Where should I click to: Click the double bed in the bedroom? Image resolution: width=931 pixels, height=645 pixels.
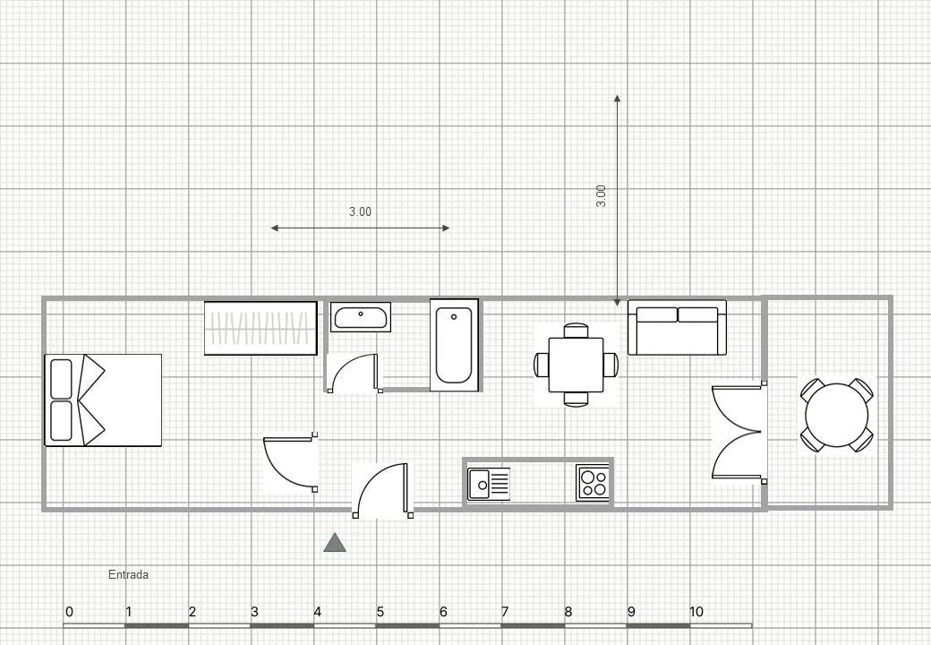[x=103, y=400]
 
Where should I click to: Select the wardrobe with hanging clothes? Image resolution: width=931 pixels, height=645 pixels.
[x=261, y=329]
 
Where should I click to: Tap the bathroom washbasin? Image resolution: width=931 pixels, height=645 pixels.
[x=361, y=317]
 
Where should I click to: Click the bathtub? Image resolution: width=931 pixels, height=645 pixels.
[x=454, y=345]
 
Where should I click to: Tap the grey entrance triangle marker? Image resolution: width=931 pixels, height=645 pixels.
[x=335, y=543]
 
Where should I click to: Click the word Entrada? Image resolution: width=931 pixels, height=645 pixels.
[x=128, y=575]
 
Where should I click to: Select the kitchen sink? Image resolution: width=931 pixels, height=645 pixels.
[x=489, y=484]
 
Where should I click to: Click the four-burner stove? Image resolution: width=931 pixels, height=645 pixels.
[x=593, y=483]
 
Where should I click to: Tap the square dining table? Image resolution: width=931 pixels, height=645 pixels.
[x=576, y=365]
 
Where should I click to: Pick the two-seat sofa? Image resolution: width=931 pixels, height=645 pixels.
[x=678, y=328]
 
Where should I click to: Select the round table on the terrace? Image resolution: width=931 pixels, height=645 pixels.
[x=837, y=415]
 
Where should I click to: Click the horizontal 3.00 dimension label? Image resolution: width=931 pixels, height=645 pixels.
[x=360, y=212]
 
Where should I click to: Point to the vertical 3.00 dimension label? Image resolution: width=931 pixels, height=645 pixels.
[x=601, y=196]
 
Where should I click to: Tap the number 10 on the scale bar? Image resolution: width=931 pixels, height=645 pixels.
[x=696, y=611]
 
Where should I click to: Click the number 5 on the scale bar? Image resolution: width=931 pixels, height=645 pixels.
[x=380, y=611]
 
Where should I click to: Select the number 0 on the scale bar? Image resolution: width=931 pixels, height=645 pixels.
[x=70, y=611]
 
